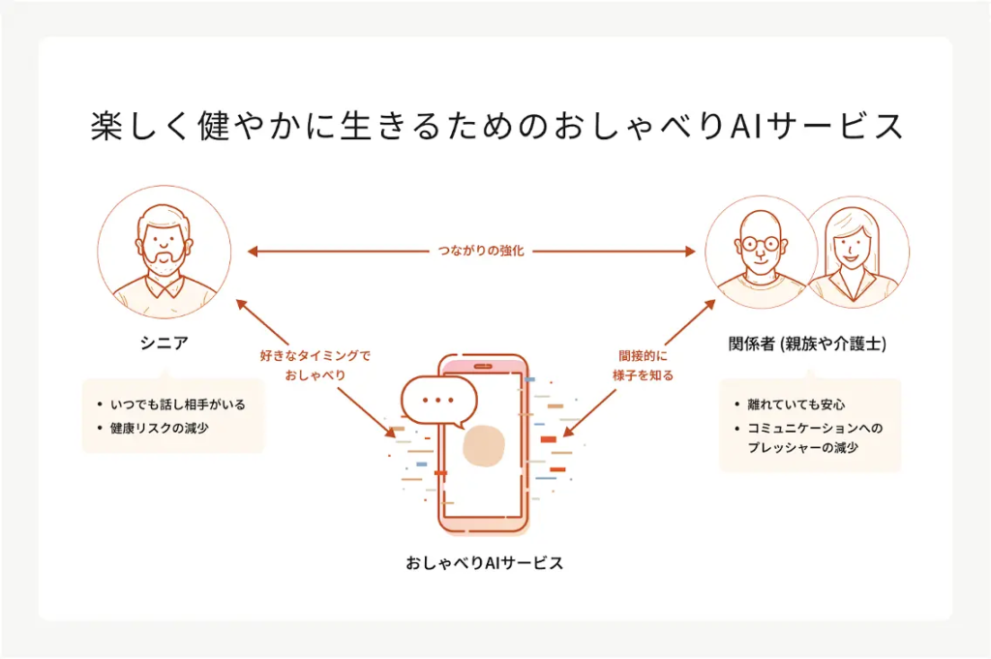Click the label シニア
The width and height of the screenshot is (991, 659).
[164, 343]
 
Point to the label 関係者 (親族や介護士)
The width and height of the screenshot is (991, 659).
[807, 344]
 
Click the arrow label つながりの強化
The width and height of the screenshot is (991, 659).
[473, 252]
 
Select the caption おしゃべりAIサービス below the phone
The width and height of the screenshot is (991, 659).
[484, 562]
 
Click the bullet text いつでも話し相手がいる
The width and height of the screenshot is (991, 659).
[177, 404]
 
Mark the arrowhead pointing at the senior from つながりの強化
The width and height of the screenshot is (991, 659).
[252, 252]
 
